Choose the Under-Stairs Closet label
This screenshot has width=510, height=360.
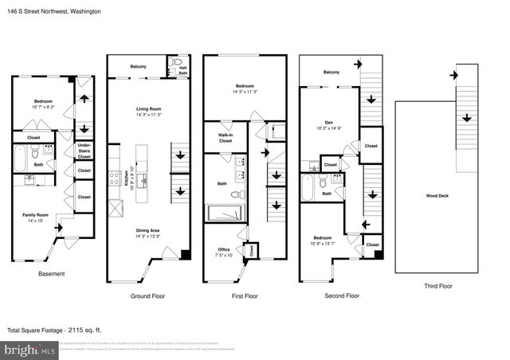(84, 151)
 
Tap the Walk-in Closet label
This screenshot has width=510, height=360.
(220, 139)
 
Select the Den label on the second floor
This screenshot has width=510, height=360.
(330, 124)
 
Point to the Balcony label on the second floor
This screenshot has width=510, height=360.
(331, 72)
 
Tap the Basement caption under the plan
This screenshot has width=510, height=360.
(52, 275)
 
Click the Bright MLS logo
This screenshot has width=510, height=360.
(29, 350)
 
